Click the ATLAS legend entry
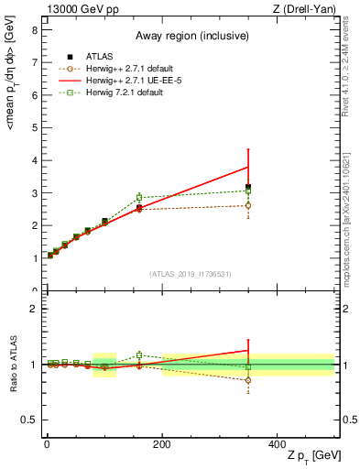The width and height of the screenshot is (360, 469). click(x=97, y=56)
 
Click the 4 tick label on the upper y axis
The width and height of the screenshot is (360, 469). click(x=34, y=160)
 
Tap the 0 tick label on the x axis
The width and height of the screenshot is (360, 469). click(x=46, y=443)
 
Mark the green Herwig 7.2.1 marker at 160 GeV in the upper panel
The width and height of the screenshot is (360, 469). click(x=139, y=197)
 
